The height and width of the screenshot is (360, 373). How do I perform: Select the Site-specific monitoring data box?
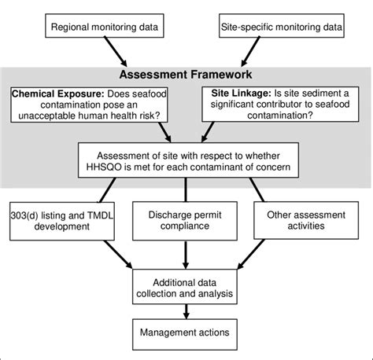(x=280, y=28)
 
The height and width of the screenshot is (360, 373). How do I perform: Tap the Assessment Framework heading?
(x=186, y=75)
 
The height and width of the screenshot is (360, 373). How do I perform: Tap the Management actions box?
(x=185, y=332)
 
